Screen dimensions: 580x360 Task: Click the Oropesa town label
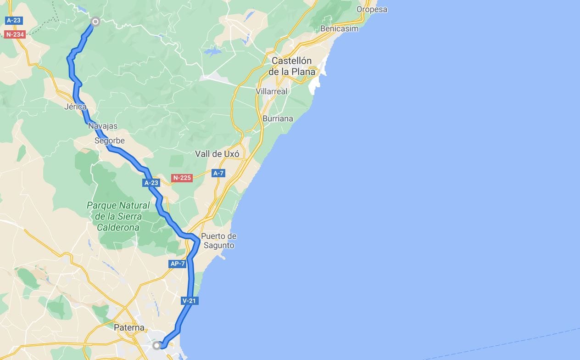pyautogui.click(x=372, y=9)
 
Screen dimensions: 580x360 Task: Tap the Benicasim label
pyautogui.click(x=339, y=28)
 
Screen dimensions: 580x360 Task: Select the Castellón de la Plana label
pyautogui.click(x=292, y=66)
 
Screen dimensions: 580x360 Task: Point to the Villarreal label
pyautogui.click(x=272, y=91)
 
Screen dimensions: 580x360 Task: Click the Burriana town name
pyautogui.click(x=278, y=118)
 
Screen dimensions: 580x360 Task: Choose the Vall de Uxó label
pyautogui.click(x=217, y=154)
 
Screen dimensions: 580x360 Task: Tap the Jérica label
pyautogui.click(x=76, y=107)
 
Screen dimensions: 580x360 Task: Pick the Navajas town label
pyautogui.click(x=103, y=126)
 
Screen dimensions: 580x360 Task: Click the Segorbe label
pyautogui.click(x=110, y=141)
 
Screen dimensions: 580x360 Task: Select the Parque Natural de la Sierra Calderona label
pyautogui.click(x=118, y=216)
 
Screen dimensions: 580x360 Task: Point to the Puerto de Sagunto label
pyautogui.click(x=219, y=241)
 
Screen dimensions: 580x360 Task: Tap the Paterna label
pyautogui.click(x=129, y=328)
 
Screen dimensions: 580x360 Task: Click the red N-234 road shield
pyautogui.click(x=15, y=34)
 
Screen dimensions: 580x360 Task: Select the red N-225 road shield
pyautogui.click(x=182, y=178)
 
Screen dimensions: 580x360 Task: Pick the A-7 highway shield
pyautogui.click(x=218, y=173)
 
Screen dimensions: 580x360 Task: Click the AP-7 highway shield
pyautogui.click(x=177, y=264)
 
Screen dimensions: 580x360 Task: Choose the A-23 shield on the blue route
pyautogui.click(x=151, y=183)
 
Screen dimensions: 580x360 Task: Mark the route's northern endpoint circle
pyautogui.click(x=95, y=21)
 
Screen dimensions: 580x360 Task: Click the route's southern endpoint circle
pyautogui.click(x=157, y=345)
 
